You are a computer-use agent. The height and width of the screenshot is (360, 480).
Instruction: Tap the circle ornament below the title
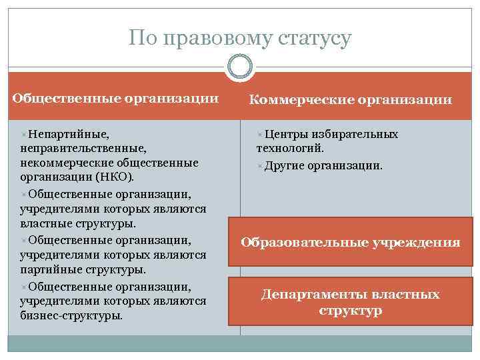(x=240, y=67)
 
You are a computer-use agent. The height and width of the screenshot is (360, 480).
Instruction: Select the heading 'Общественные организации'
(x=116, y=98)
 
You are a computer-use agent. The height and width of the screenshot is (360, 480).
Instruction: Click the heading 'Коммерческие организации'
(x=350, y=100)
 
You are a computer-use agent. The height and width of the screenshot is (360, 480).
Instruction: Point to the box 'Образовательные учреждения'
(x=350, y=242)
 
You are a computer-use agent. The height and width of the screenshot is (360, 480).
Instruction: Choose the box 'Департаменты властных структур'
(x=350, y=302)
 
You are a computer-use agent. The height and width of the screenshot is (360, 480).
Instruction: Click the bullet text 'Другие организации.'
(x=323, y=165)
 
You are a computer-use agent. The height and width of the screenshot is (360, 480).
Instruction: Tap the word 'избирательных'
(x=356, y=134)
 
